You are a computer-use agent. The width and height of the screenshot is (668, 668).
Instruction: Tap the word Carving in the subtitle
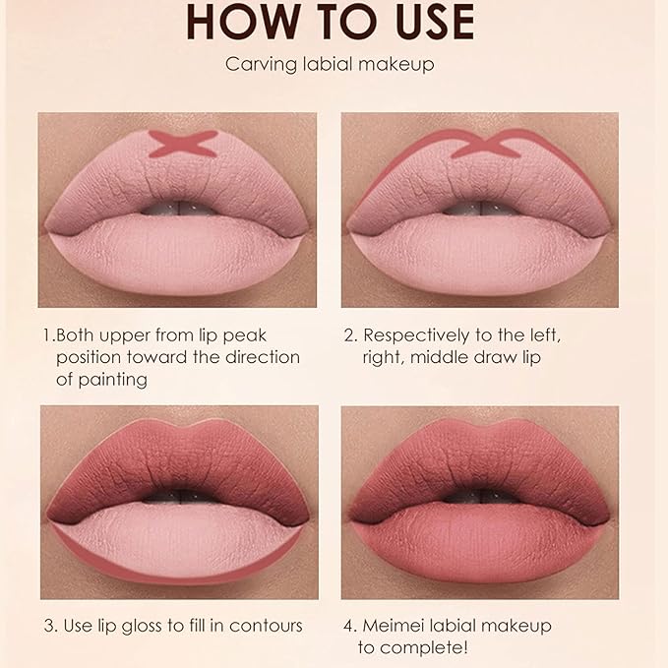tap(258, 66)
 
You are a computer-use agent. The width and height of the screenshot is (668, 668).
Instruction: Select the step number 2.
tap(349, 334)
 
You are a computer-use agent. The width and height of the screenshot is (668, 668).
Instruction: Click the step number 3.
tap(47, 626)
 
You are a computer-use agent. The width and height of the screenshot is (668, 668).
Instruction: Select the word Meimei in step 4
tap(396, 626)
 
